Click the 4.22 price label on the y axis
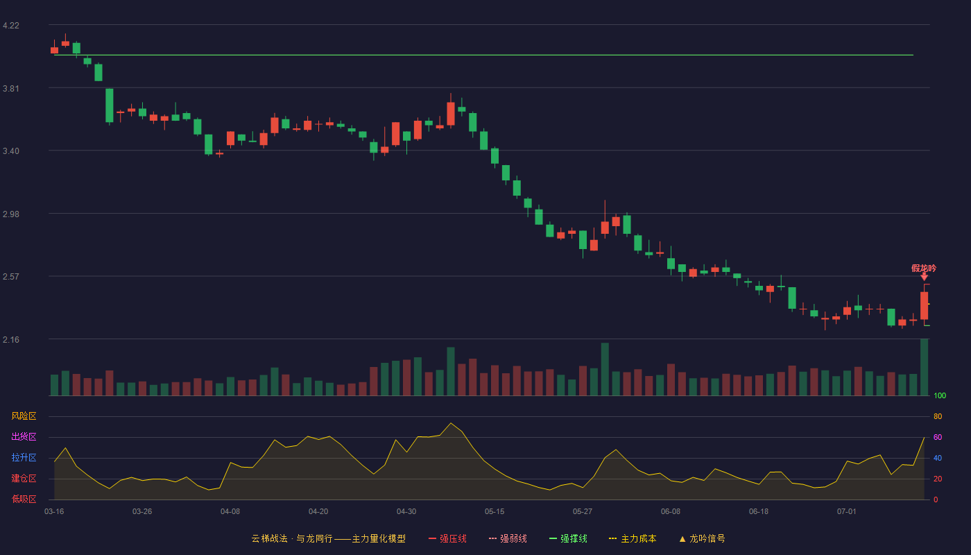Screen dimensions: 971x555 pyautogui.click(x=11, y=26)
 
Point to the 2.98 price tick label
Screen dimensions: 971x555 pyautogui.click(x=11, y=214)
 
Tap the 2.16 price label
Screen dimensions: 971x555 pyautogui.click(x=11, y=339)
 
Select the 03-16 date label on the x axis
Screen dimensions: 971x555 pyautogui.click(x=54, y=512)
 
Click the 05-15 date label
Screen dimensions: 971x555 pyautogui.click(x=495, y=512)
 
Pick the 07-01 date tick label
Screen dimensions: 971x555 pyautogui.click(x=847, y=512)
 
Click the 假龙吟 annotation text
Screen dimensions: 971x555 pyautogui.click(x=924, y=268)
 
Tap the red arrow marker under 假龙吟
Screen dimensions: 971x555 pyautogui.click(x=924, y=277)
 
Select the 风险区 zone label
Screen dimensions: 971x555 pyautogui.click(x=24, y=416)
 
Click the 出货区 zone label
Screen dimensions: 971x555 pyautogui.click(x=24, y=436)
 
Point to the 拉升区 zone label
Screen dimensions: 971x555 pyautogui.click(x=24, y=457)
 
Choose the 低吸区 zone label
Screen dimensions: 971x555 pyautogui.click(x=24, y=499)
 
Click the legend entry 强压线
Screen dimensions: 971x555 pyautogui.click(x=447, y=538)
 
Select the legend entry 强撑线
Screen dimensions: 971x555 pyautogui.click(x=568, y=538)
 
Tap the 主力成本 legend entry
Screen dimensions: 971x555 pyautogui.click(x=633, y=538)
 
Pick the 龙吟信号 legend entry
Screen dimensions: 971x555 pyautogui.click(x=702, y=538)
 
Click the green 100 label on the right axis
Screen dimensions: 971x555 pyautogui.click(x=940, y=395)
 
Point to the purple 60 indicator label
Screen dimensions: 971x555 pyautogui.click(x=938, y=437)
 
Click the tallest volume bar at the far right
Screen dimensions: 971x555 pyautogui.click(x=924, y=367)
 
